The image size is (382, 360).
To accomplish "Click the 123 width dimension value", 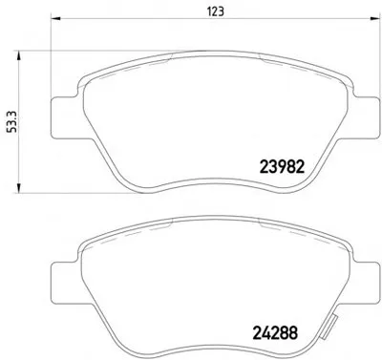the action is pyautogui.click(x=216, y=11).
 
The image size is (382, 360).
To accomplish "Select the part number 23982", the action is pyautogui.click(x=283, y=166).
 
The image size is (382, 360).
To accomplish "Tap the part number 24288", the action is pyautogui.click(x=275, y=333).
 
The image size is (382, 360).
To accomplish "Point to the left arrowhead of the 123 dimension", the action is pyautogui.click(x=55, y=18).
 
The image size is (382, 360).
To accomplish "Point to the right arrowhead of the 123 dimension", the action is pyautogui.click(x=375, y=18).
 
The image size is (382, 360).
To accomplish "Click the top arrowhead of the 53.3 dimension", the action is pyautogui.click(x=19, y=55).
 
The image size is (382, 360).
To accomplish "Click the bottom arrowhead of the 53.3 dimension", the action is pyautogui.click(x=19, y=188).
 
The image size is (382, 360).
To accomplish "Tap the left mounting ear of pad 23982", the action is pyautogui.click(x=64, y=117).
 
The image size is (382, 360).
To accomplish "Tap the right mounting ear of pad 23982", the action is pyautogui.click(x=366, y=117).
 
